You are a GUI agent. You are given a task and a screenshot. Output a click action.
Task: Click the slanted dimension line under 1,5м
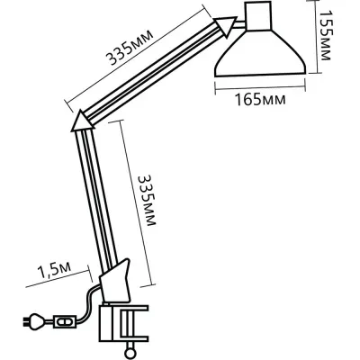(x=58, y=283)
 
